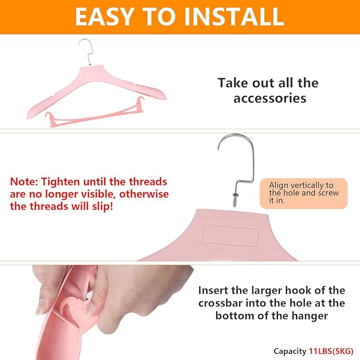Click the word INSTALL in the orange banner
(234, 16)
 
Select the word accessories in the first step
(270, 98)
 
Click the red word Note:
(24, 182)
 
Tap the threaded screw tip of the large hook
(235, 201)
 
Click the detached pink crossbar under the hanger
(94, 113)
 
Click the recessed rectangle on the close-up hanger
(231, 236)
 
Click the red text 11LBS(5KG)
(331, 351)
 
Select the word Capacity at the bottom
(290, 352)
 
